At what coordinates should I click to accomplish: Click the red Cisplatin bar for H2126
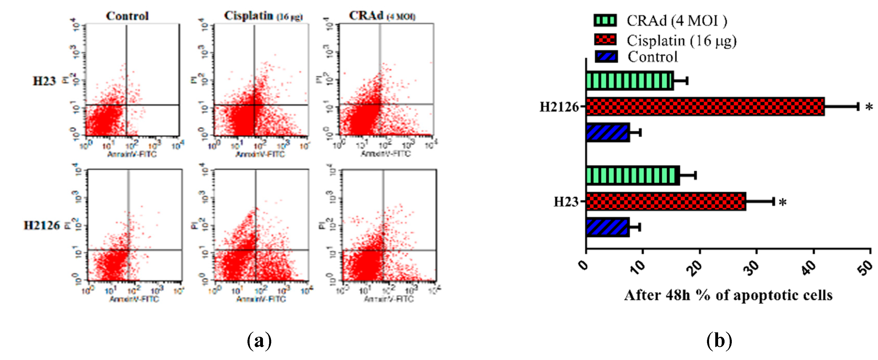pyautogui.click(x=705, y=107)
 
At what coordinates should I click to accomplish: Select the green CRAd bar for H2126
pyautogui.click(x=630, y=81)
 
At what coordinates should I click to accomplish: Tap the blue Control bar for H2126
pyautogui.click(x=608, y=132)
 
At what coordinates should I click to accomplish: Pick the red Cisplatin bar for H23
pyautogui.click(x=666, y=202)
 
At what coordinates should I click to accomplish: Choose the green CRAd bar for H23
pyautogui.click(x=633, y=175)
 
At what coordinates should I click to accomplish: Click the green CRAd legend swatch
pyautogui.click(x=605, y=20)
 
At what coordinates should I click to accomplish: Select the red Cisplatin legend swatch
pyautogui.click(x=605, y=40)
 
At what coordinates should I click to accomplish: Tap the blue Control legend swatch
pyautogui.click(x=606, y=57)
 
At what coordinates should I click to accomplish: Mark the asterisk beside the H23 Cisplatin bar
pyautogui.click(x=783, y=203)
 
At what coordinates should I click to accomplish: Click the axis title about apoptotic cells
pyautogui.click(x=728, y=295)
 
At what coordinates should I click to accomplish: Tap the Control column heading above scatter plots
pyautogui.click(x=127, y=16)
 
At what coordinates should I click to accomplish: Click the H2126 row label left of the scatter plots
pyautogui.click(x=42, y=225)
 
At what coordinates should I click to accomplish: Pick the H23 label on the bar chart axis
pyautogui.click(x=566, y=202)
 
